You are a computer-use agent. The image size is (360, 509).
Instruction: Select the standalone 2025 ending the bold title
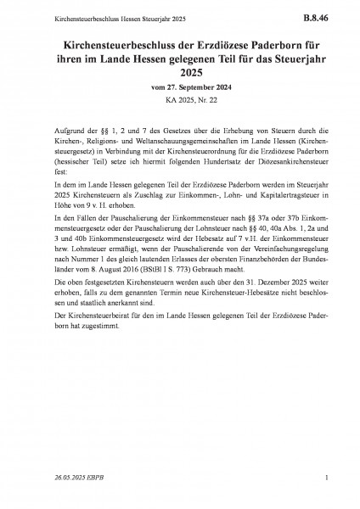tap(179, 71)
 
